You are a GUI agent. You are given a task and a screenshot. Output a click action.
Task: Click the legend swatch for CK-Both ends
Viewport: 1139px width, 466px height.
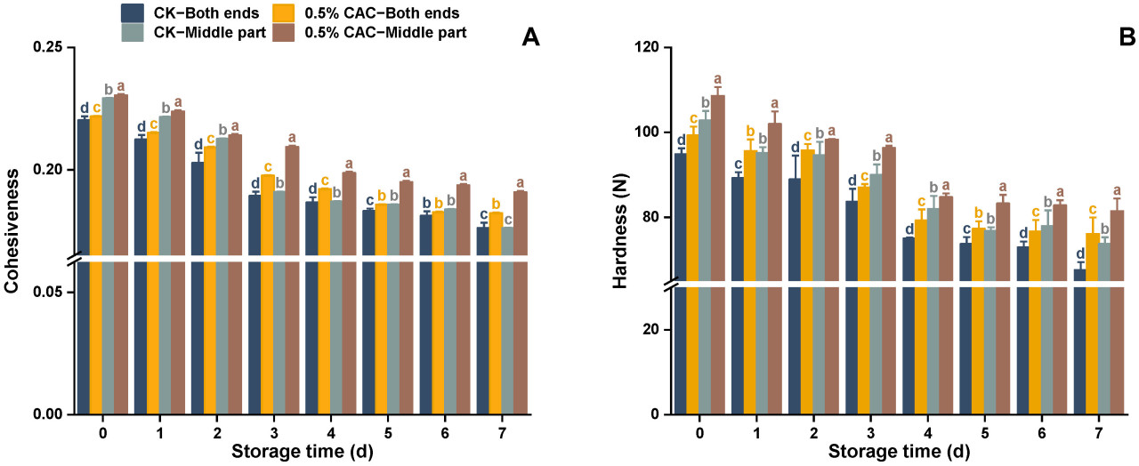coord(133,12)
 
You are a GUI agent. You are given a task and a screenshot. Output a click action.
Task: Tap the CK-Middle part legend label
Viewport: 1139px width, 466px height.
coord(207,32)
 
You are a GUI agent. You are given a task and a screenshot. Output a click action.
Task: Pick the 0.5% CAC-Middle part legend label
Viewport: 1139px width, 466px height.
coord(384,32)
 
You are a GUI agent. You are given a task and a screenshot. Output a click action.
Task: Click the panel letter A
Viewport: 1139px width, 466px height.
coord(530,37)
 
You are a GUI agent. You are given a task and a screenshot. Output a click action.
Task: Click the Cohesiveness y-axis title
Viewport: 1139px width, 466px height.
coord(12,231)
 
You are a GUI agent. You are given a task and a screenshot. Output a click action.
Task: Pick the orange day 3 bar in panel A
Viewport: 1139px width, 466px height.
coord(267,293)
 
